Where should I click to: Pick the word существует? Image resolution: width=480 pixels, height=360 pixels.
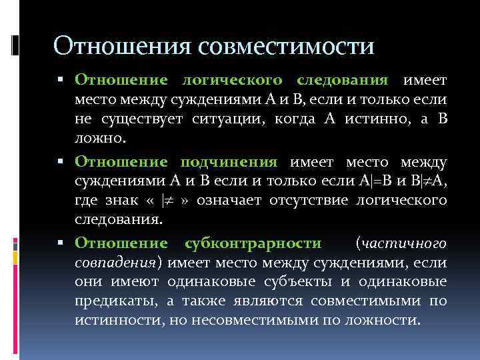(x=133, y=119)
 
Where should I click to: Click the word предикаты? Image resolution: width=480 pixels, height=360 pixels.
(x=116, y=301)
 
